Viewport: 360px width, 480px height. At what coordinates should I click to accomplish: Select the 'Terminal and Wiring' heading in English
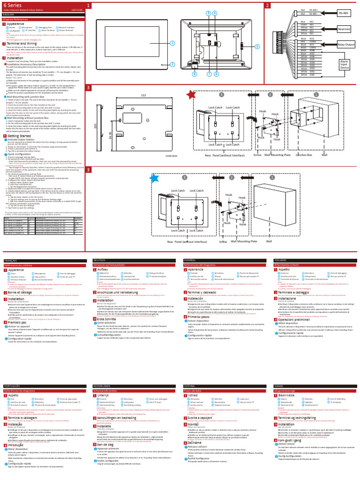tap(23, 43)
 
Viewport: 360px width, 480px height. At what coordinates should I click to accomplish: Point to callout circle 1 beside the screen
tap(172, 43)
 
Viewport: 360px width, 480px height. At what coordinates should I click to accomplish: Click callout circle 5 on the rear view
tap(257, 47)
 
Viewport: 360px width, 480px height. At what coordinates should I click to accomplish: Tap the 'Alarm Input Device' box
tap(345, 64)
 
